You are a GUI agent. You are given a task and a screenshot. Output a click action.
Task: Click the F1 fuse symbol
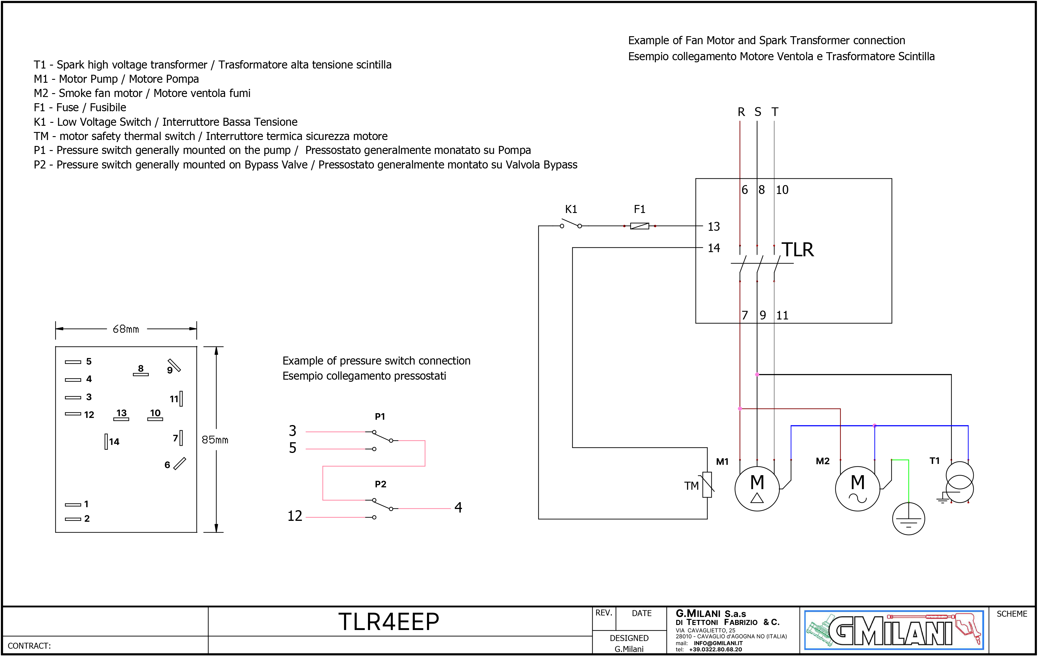click(x=640, y=226)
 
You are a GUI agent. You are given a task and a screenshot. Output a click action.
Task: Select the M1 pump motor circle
click(x=757, y=489)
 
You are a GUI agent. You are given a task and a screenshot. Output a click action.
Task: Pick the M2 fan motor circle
click(x=858, y=489)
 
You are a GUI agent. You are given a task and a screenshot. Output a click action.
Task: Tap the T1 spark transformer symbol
click(x=960, y=483)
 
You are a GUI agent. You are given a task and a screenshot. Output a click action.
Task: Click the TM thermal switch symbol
click(x=707, y=485)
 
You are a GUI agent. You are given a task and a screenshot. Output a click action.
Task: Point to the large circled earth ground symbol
click(x=909, y=518)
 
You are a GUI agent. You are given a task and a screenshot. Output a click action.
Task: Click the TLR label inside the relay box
click(x=798, y=249)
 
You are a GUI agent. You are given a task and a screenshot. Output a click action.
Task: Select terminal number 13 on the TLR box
click(x=714, y=226)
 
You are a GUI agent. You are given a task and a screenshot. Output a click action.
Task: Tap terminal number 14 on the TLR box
click(x=714, y=248)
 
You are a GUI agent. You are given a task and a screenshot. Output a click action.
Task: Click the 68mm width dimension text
click(x=126, y=329)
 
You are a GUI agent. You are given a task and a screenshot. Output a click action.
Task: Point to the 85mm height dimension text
click(x=215, y=440)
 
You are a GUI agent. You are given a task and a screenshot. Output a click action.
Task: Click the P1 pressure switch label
click(x=380, y=416)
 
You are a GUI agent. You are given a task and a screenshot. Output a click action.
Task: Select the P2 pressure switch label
click(x=380, y=484)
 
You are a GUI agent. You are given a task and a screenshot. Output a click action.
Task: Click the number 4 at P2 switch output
click(x=458, y=507)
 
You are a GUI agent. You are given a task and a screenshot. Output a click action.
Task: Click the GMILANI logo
click(x=894, y=630)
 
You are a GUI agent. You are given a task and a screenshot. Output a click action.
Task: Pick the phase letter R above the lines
click(x=741, y=112)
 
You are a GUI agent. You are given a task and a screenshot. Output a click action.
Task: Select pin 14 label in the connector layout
click(x=114, y=442)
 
